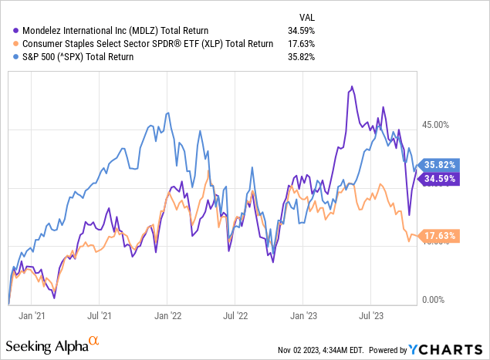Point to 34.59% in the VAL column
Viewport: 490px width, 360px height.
pyautogui.click(x=303, y=29)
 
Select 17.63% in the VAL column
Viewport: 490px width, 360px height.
pyautogui.click(x=303, y=43)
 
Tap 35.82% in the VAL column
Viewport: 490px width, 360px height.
pyautogui.click(x=303, y=57)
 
